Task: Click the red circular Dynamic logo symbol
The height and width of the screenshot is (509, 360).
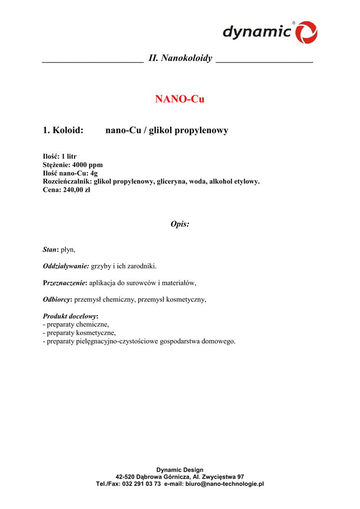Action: click(x=306, y=32)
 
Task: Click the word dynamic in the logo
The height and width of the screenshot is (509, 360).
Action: click(x=257, y=32)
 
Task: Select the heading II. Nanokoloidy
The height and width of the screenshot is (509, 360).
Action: click(x=180, y=59)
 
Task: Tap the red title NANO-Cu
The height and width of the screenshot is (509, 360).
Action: click(x=180, y=99)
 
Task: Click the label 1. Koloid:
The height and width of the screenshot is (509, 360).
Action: click(x=63, y=131)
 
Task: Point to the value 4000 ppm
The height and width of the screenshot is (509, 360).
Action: click(x=88, y=165)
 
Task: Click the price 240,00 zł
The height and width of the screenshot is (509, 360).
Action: click(x=77, y=190)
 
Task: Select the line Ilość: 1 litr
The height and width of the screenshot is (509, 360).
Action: click(x=60, y=157)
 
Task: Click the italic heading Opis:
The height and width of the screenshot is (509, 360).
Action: click(x=180, y=224)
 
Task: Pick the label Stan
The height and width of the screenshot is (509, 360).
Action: click(x=50, y=250)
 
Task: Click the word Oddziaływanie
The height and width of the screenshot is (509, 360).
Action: click(x=66, y=266)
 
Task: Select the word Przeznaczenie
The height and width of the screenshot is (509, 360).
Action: click(x=65, y=283)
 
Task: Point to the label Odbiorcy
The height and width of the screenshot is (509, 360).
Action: click(x=57, y=300)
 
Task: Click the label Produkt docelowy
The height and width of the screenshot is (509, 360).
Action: click(x=70, y=317)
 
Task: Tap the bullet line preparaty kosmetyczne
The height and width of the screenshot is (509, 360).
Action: click(x=80, y=333)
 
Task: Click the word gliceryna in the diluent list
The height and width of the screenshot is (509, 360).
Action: click(x=172, y=182)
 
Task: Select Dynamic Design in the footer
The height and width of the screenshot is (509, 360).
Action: click(x=180, y=470)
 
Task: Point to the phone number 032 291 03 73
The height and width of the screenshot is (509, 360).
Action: click(x=141, y=484)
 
